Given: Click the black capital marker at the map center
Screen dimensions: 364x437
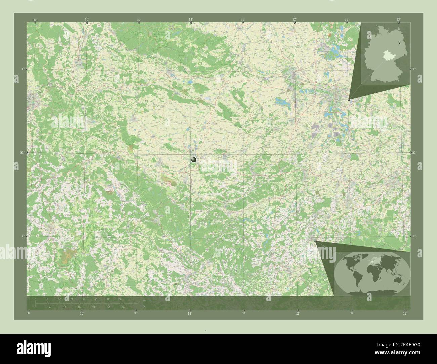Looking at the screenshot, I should click(x=194, y=160).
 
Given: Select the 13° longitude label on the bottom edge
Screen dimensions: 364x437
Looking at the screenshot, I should click(x=405, y=313).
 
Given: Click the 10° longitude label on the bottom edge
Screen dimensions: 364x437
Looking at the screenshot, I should click(x=82, y=313).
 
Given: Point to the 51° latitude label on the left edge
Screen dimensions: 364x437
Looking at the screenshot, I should click(x=22, y=152).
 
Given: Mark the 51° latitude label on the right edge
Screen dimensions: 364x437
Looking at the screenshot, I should click(x=414, y=152).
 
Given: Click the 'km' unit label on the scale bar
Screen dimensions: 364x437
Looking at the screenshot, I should click(x=144, y=300).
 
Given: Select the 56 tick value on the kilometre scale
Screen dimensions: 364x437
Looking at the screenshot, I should click(x=120, y=299).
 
